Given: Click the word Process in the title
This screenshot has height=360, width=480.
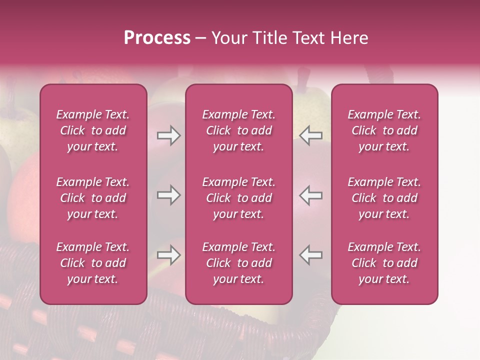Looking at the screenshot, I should [157, 38].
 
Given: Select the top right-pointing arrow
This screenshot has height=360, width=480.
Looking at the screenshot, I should [168, 135].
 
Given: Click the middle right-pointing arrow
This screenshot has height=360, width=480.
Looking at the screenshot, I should [168, 195].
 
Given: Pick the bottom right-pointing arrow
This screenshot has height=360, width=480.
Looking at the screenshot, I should [168, 255].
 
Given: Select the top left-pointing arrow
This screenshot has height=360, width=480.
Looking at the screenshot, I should [310, 135].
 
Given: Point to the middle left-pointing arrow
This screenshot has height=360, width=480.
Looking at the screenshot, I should [310, 195].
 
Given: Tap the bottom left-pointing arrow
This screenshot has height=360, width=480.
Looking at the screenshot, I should [310, 255].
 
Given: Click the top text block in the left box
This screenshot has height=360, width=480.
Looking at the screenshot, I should [93, 130].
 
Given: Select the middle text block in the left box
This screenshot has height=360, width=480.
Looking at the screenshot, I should [93, 198].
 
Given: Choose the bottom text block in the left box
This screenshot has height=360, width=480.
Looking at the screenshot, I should [93, 263].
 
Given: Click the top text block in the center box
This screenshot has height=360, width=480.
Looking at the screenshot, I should [239, 130].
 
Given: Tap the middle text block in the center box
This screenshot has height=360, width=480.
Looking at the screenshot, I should [239, 198].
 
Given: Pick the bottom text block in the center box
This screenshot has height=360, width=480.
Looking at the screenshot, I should [239, 263].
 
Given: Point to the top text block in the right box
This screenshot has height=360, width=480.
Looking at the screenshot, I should [384, 130].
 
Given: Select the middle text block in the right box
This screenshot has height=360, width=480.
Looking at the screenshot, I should [384, 198].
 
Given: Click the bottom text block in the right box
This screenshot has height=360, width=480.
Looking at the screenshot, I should [384, 263].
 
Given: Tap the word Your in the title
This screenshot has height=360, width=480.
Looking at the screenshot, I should [228, 38].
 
